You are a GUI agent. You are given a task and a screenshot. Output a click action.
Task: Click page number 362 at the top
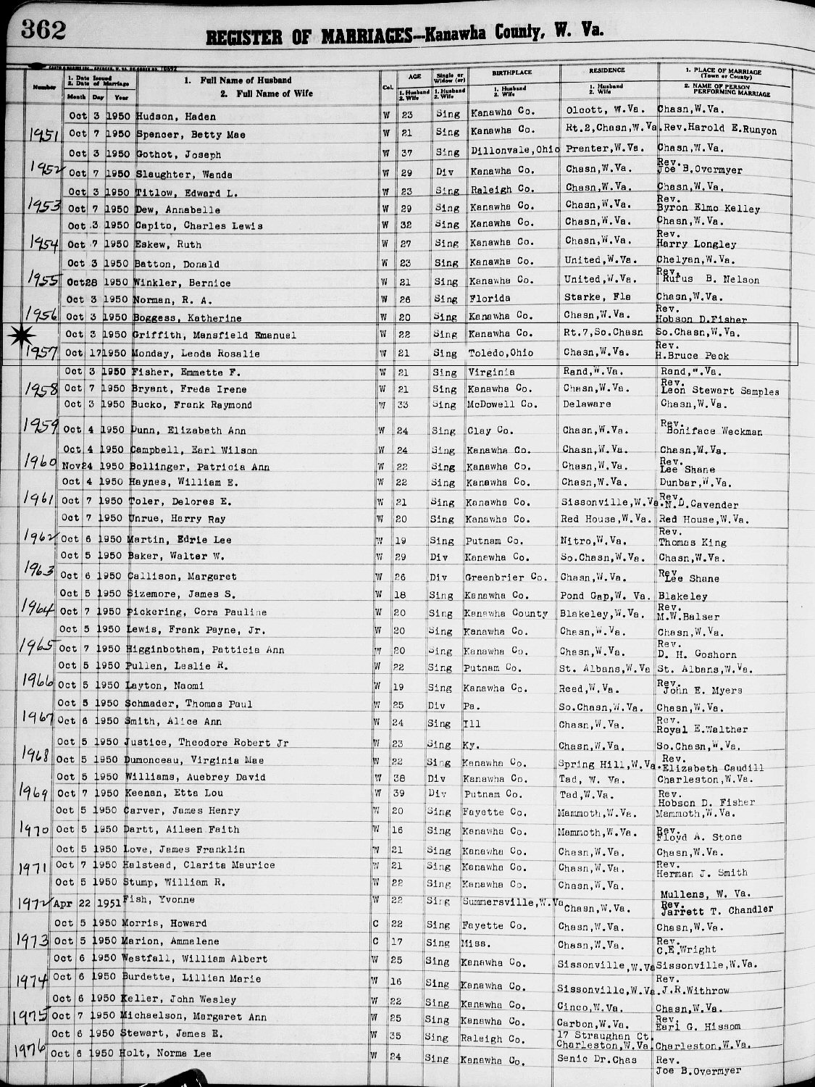pyautogui.click(x=43, y=30)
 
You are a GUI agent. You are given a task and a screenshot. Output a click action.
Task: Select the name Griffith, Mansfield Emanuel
pyautogui.click(x=214, y=335)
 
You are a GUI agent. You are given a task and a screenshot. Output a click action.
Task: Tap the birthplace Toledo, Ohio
pyautogui.click(x=501, y=353)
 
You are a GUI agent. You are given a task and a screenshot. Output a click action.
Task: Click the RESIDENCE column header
pyautogui.click(x=606, y=70)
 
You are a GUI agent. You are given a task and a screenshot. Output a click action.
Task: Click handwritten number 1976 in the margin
pyautogui.click(x=30, y=1049)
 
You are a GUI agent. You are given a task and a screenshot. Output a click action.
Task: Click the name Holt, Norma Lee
pyautogui.click(x=172, y=1053)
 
